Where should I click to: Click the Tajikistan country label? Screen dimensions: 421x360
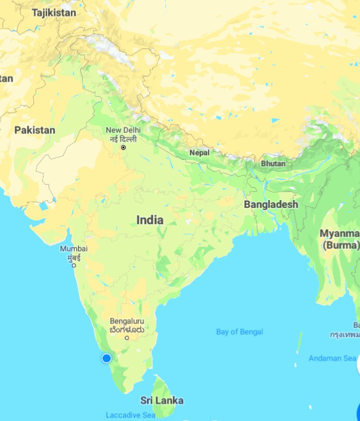pyautogui.click(x=54, y=13)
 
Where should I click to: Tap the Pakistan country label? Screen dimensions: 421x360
pyautogui.click(x=35, y=130)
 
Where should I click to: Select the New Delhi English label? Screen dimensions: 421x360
pyautogui.click(x=123, y=130)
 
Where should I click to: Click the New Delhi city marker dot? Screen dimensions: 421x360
pyautogui.click(x=124, y=147)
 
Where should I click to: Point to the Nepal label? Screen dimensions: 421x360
pyautogui.click(x=199, y=153)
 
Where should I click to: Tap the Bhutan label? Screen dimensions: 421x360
pyautogui.click(x=273, y=163)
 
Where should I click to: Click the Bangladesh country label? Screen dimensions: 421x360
pyautogui.click(x=271, y=204)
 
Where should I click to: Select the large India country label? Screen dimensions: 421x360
pyautogui.click(x=150, y=220)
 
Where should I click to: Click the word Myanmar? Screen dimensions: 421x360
pyautogui.click(x=339, y=233)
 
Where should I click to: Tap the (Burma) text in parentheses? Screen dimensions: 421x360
pyautogui.click(x=340, y=245)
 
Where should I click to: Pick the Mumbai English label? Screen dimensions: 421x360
pyautogui.click(x=74, y=248)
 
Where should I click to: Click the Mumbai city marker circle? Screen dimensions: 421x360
pyautogui.click(x=74, y=265)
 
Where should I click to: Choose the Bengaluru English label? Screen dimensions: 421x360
pyautogui.click(x=127, y=321)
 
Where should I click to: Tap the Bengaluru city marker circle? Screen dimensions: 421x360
pyautogui.click(x=127, y=338)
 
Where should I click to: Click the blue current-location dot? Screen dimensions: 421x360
pyautogui.click(x=107, y=358)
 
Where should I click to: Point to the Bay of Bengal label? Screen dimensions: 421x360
pyautogui.click(x=239, y=332)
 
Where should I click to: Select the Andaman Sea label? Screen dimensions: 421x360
pyautogui.click(x=332, y=358)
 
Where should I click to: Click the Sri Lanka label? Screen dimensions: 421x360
pyautogui.click(x=162, y=400)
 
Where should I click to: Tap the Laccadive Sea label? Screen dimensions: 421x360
pyautogui.click(x=130, y=415)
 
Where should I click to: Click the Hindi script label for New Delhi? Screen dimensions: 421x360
pyautogui.click(x=123, y=139)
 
